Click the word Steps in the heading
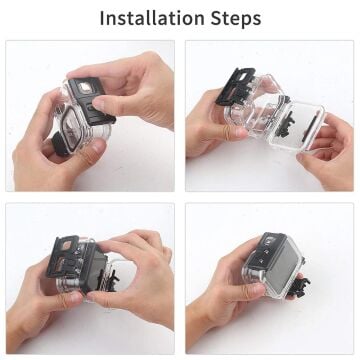coord(234,19)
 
